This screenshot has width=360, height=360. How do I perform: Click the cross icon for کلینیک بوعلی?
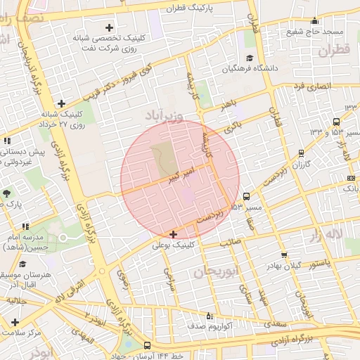pos(174,233)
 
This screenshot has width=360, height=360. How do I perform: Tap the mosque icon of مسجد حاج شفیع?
pos(314,20)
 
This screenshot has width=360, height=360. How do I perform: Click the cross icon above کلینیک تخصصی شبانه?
pos(109,27)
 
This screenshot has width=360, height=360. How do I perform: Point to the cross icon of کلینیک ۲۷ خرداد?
pos(61,103)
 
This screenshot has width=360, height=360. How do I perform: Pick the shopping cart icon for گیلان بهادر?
pos(284,255)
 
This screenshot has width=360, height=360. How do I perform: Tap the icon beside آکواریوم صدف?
pos(209,316)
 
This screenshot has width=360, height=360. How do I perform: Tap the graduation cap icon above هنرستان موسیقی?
pos(23,265)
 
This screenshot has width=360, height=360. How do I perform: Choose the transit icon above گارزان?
pos(302,153)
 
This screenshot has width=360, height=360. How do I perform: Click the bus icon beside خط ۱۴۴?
pos(147,345)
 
